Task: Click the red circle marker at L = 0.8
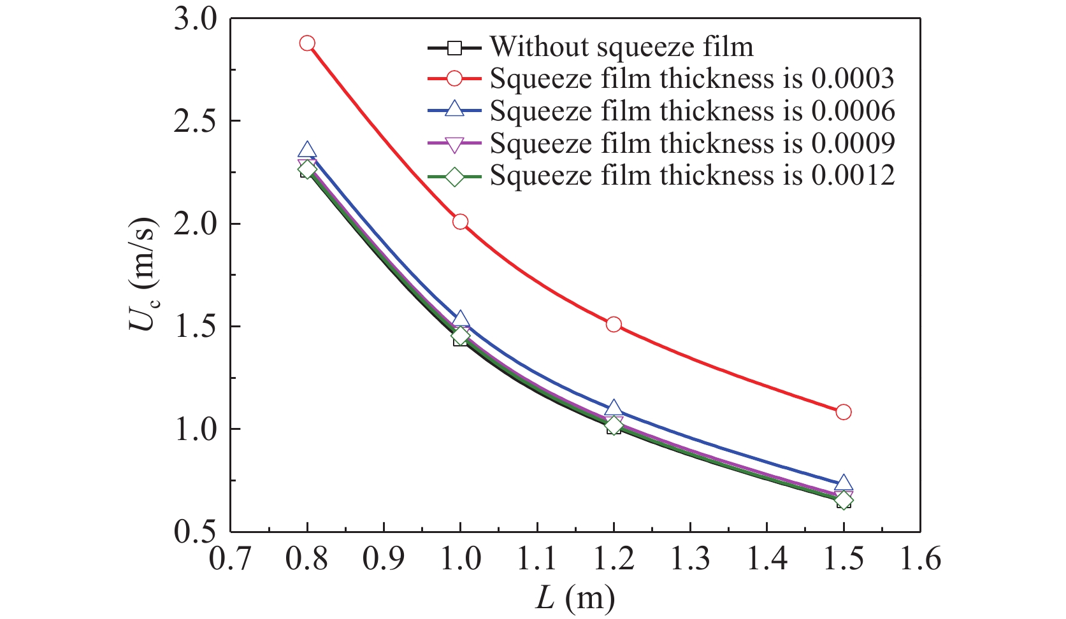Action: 307,43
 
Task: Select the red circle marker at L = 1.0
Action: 460,222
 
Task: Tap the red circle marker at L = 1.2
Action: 614,324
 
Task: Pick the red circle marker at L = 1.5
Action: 843,412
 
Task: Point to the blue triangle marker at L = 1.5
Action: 843,483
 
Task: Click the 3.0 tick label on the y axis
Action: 195,19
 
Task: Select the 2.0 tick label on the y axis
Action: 195,224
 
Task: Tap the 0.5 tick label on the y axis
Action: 195,532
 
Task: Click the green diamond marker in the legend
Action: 454,176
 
